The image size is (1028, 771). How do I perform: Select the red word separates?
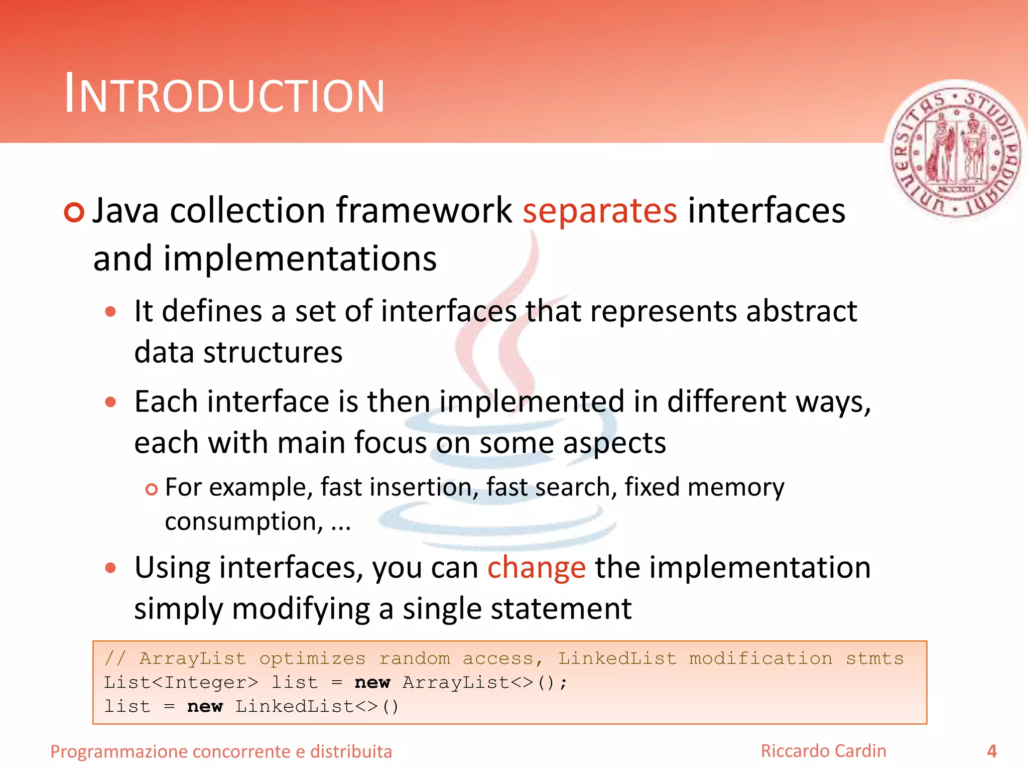(x=599, y=211)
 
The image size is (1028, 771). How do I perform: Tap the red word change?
(x=536, y=568)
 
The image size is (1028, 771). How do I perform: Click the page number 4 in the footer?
(x=991, y=751)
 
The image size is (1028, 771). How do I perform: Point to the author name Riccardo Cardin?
(x=823, y=751)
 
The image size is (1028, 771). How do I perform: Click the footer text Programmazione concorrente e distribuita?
(x=221, y=751)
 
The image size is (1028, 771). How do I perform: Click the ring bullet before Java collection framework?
(x=74, y=212)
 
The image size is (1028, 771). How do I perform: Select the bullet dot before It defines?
(x=110, y=312)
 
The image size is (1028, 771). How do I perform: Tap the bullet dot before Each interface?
(x=110, y=402)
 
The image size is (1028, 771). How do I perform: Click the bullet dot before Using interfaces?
(x=110, y=568)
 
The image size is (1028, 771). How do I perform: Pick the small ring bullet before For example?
(x=151, y=489)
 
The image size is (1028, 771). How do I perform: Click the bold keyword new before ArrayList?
(x=372, y=682)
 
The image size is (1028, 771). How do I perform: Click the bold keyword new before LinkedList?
(x=204, y=706)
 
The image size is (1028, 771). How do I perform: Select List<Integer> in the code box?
(x=181, y=682)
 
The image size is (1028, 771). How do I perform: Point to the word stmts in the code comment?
(x=874, y=658)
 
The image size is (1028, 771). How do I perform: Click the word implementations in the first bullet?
(x=300, y=259)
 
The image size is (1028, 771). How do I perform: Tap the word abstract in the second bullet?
(x=801, y=311)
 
